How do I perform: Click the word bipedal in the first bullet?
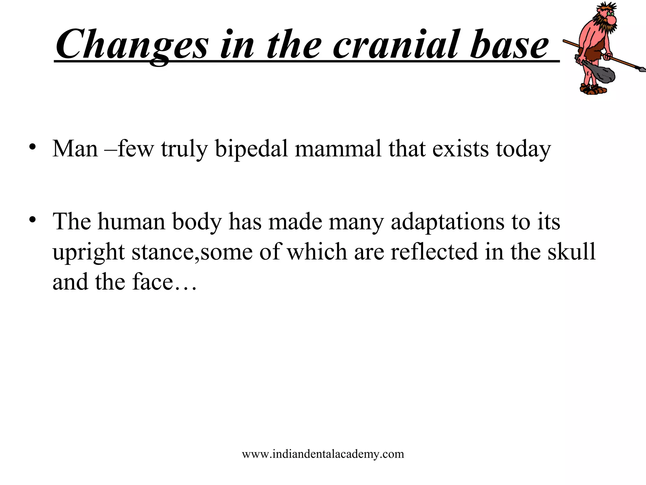pos(251,149)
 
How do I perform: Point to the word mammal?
pos(338,149)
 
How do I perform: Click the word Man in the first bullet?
pos(75,149)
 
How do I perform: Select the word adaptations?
pos(448,221)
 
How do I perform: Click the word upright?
pos(89,252)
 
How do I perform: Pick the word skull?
pos(571,252)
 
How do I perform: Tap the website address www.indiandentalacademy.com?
pos(323,454)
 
